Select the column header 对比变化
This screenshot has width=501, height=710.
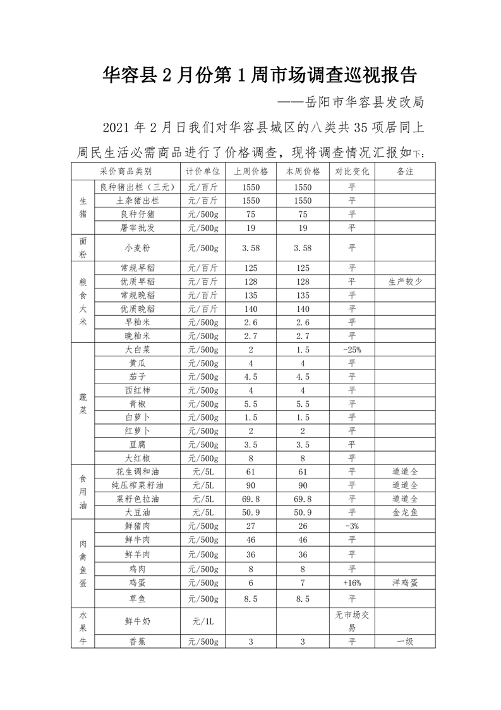click(x=352, y=171)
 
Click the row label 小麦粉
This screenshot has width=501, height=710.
click(x=137, y=248)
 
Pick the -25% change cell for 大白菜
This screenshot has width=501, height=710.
click(x=352, y=350)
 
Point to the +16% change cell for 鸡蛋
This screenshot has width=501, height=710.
click(x=352, y=582)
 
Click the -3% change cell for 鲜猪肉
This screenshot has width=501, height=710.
click(x=352, y=526)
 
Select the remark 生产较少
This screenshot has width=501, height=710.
click(x=405, y=282)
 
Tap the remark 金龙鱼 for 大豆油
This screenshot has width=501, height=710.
click(x=405, y=512)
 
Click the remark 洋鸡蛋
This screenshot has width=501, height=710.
click(x=405, y=582)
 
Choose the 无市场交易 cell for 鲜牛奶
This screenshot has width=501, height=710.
click(x=352, y=622)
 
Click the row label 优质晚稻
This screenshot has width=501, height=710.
click(x=137, y=309)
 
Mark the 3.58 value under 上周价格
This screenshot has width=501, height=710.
click(x=251, y=248)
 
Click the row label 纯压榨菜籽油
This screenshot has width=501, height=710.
click(x=137, y=485)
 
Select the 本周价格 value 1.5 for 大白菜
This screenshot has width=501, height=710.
click(x=303, y=350)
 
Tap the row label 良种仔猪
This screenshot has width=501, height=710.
click(x=137, y=214)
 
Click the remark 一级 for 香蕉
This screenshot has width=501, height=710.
click(x=405, y=642)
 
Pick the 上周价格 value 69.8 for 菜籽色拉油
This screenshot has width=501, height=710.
click(x=251, y=499)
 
